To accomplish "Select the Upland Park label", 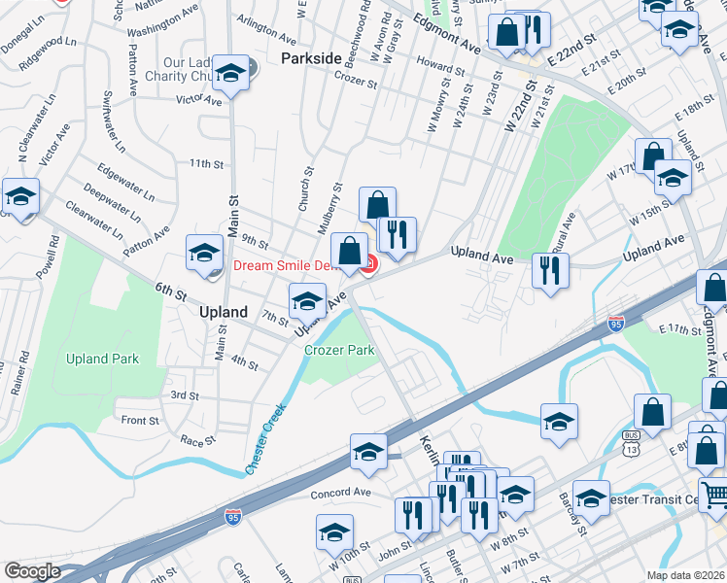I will (102, 359).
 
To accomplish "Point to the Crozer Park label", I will (339, 350).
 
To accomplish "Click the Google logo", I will (32, 571).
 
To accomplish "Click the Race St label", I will (197, 440).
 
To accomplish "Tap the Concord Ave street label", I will (341, 493).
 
